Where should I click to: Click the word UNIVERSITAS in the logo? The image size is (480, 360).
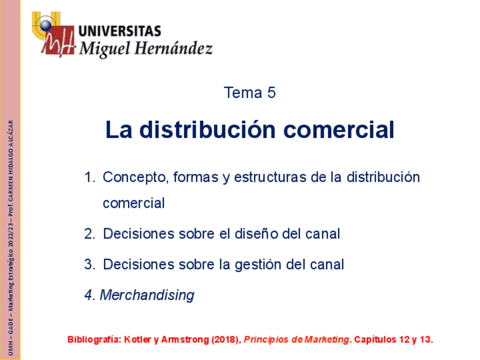(x=119, y=31)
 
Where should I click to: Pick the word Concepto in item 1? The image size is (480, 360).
(x=134, y=177)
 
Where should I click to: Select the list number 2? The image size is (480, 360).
(x=89, y=234)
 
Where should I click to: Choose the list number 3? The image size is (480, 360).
(x=89, y=264)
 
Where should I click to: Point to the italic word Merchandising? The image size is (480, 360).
(x=147, y=295)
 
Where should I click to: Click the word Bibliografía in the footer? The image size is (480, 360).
(x=93, y=340)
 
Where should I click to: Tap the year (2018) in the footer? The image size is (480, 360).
(x=226, y=340)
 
